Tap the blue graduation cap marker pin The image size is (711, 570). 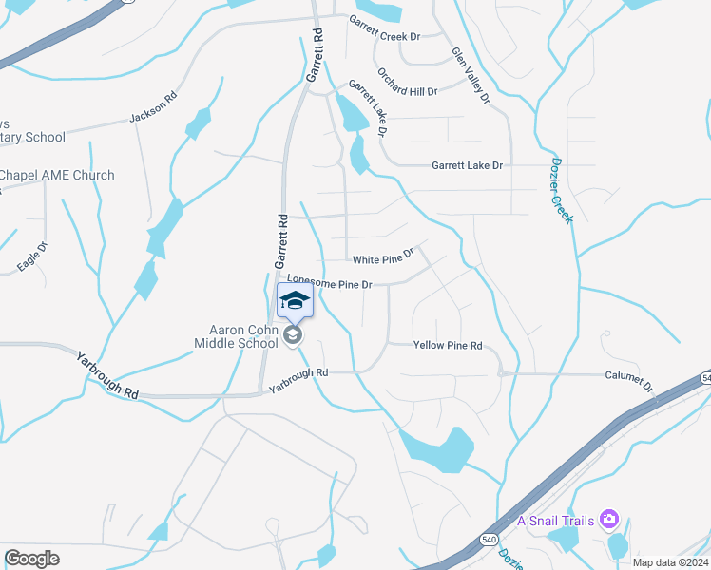click(295, 301)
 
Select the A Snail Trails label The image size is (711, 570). click(556, 520)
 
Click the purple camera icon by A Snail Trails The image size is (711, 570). click(609, 520)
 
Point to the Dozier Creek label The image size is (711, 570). click(562, 190)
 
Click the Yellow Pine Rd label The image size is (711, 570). click(448, 346)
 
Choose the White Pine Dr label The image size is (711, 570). click(384, 257)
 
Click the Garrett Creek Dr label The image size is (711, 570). click(384, 28)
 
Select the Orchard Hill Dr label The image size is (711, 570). click(407, 84)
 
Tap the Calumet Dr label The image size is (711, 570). click(630, 380)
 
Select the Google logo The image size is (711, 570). click(31, 559)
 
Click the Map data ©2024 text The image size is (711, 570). click(669, 562)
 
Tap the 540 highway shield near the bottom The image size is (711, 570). click(489, 539)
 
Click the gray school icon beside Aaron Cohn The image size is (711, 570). click(294, 335)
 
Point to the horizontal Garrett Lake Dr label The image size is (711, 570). click(467, 165)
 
